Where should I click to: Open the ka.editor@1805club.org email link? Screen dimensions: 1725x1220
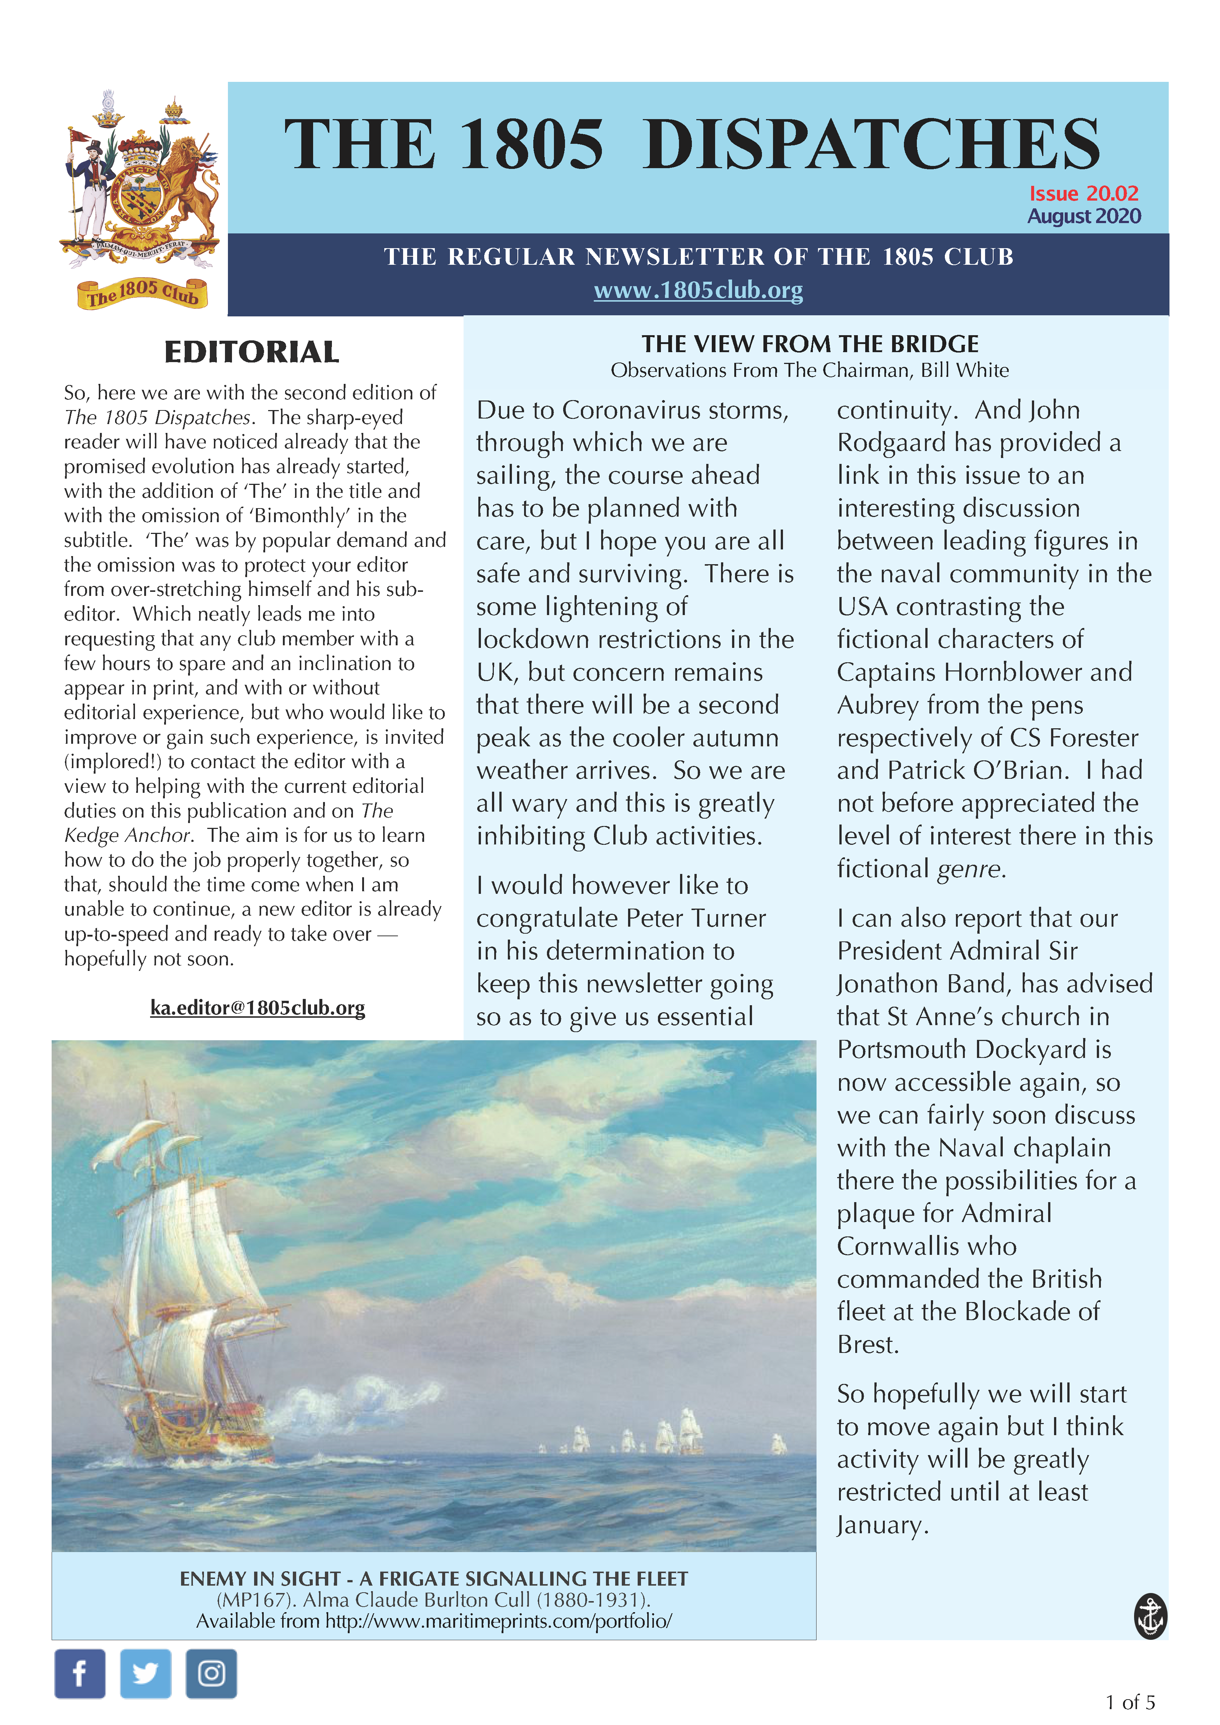(x=258, y=1007)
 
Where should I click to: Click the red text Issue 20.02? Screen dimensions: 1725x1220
(x=1083, y=194)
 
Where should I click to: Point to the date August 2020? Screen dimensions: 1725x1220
(x=1083, y=216)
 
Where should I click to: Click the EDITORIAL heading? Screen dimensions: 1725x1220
(x=252, y=353)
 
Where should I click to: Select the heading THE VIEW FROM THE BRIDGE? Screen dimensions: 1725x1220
(x=810, y=344)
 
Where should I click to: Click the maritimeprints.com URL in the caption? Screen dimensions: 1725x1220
(x=498, y=1621)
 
